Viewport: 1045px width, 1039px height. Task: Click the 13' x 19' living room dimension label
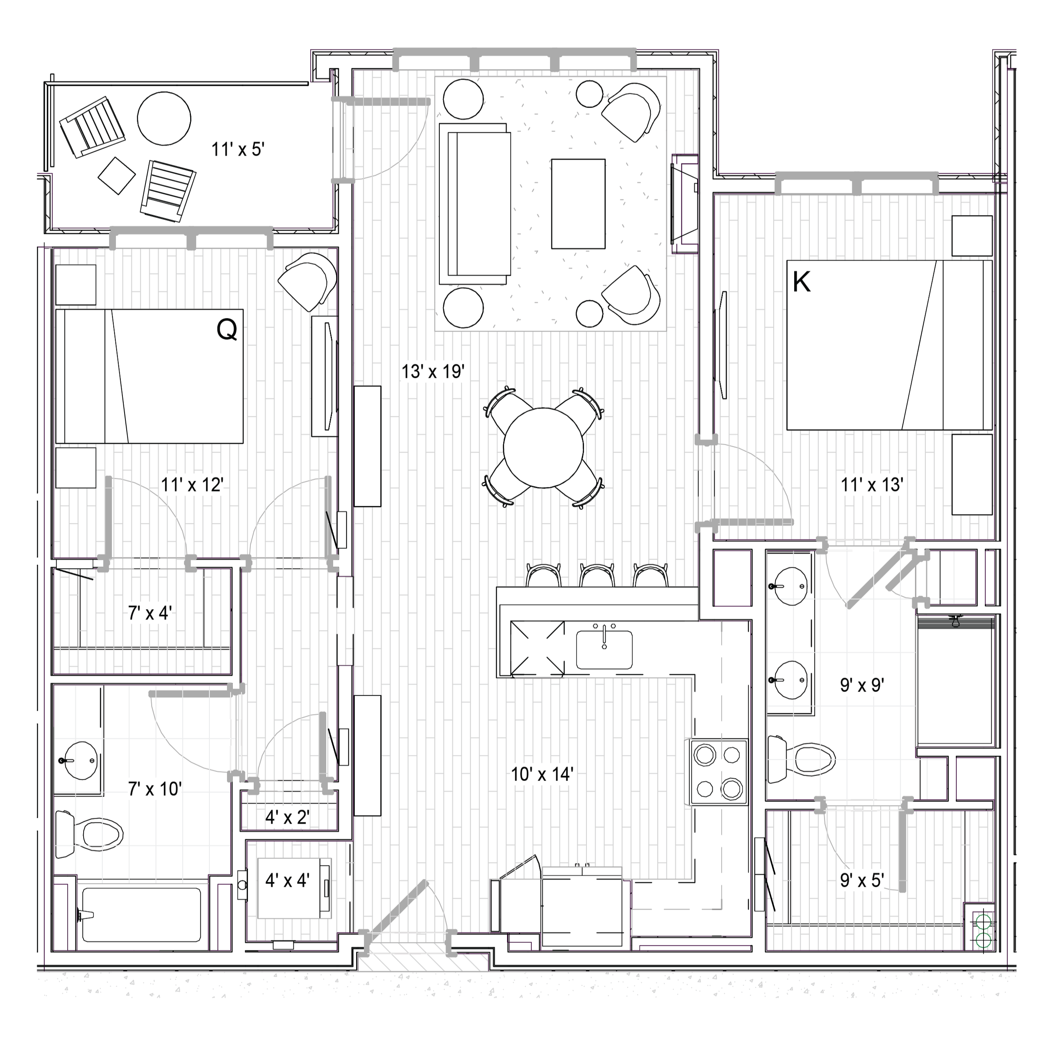pyautogui.click(x=433, y=372)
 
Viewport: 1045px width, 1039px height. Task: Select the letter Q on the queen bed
pyautogui.click(x=227, y=329)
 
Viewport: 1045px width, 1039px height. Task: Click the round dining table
pyautogui.click(x=543, y=448)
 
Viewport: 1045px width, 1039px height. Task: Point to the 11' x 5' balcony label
pyautogui.click(x=237, y=149)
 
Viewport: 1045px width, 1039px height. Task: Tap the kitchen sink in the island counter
pyautogui.click(x=604, y=649)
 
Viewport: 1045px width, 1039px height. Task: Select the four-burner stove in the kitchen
pyautogui.click(x=718, y=772)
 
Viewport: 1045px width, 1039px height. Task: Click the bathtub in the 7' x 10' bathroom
pyautogui.click(x=140, y=915)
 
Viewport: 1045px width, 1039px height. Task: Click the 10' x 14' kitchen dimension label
pyautogui.click(x=542, y=774)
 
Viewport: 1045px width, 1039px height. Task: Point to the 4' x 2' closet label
pyautogui.click(x=287, y=817)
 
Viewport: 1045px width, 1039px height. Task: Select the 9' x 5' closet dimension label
pyautogui.click(x=862, y=880)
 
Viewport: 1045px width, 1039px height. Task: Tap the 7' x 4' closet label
pyautogui.click(x=150, y=613)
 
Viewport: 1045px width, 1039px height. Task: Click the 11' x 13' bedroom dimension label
pyautogui.click(x=872, y=485)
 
